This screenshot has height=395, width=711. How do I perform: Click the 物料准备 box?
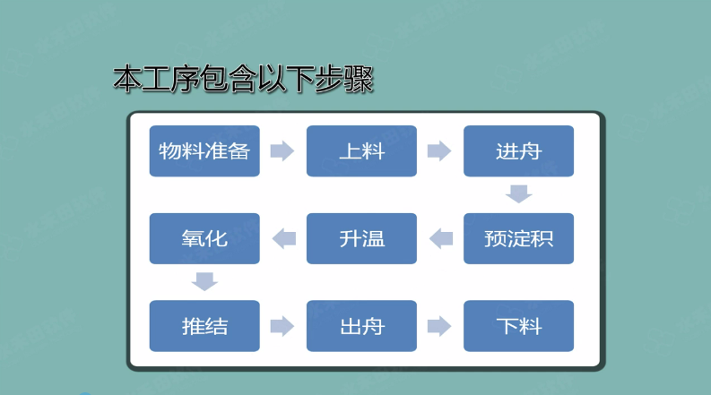coord(204,150)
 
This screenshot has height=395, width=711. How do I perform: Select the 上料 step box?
coord(361,150)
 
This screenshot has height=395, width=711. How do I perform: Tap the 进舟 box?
coord(518,150)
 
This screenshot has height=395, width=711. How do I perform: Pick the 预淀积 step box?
coord(518,239)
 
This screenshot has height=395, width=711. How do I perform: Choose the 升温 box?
coord(361,239)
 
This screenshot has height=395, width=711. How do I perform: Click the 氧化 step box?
coord(204,239)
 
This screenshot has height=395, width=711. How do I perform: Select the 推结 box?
coord(204,326)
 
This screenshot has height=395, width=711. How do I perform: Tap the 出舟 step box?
coord(361,326)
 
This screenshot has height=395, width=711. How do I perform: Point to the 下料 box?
coord(518,326)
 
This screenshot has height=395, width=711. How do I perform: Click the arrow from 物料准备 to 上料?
coord(282,150)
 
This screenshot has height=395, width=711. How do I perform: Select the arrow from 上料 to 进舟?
coord(439,150)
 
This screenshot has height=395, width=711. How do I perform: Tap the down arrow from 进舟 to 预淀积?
coord(519,193)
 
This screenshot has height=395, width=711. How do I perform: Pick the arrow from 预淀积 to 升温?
coord(441,239)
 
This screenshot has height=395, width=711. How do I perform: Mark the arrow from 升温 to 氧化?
coord(284,239)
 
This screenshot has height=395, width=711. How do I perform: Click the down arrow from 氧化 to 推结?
coord(204,281)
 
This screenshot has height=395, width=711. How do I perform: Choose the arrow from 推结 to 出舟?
coord(282,326)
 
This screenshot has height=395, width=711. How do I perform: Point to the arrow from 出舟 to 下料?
coord(439,326)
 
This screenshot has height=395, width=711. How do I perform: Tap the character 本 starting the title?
coord(127,79)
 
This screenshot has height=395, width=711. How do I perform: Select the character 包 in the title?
coord(214,79)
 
